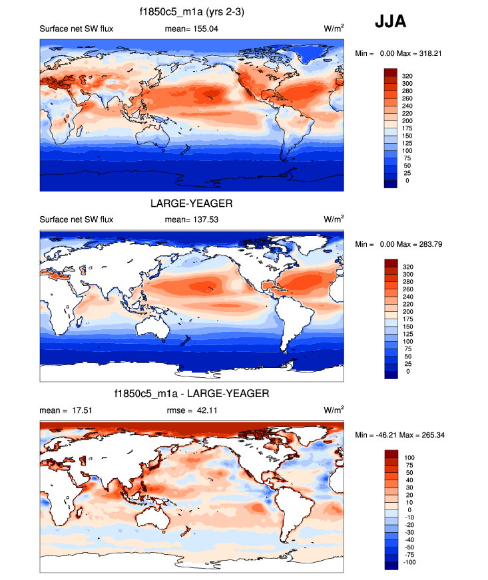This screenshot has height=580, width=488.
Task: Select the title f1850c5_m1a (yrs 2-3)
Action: [192, 11]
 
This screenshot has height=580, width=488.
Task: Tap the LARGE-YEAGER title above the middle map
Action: [192, 204]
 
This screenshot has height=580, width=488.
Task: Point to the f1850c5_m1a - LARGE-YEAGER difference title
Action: [192, 394]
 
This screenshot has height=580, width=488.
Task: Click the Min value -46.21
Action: [388, 434]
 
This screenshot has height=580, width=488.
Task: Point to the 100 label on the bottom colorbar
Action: [407, 458]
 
